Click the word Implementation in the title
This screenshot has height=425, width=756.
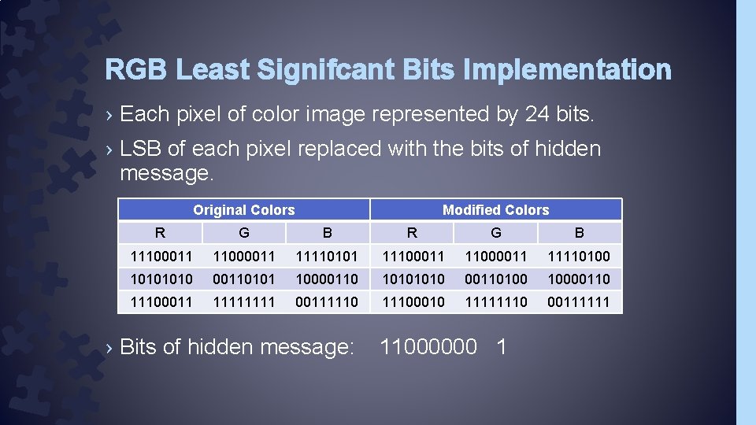pos(567,71)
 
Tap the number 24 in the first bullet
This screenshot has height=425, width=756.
pos(537,115)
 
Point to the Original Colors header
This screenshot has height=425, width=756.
pos(244,210)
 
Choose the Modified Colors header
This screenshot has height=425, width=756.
pos(496,210)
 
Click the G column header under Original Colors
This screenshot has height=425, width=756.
pos(244,233)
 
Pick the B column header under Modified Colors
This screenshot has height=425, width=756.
pos(580,233)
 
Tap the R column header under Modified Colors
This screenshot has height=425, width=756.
pos(412,233)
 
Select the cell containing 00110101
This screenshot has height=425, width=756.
pos(244,279)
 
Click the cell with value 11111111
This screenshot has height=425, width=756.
pos(244,301)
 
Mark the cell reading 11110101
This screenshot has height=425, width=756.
pos(327,257)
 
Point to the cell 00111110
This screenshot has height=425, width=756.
pos(327,301)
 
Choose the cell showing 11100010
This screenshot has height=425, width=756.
pos(413,301)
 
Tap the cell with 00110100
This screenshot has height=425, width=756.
pos(496,279)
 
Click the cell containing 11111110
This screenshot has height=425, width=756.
pos(496,301)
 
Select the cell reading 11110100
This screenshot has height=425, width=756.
pos(579,257)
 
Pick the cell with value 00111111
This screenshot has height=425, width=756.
pos(579,301)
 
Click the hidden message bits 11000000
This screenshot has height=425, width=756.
pos(428,347)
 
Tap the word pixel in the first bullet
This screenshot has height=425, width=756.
pos(198,115)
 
